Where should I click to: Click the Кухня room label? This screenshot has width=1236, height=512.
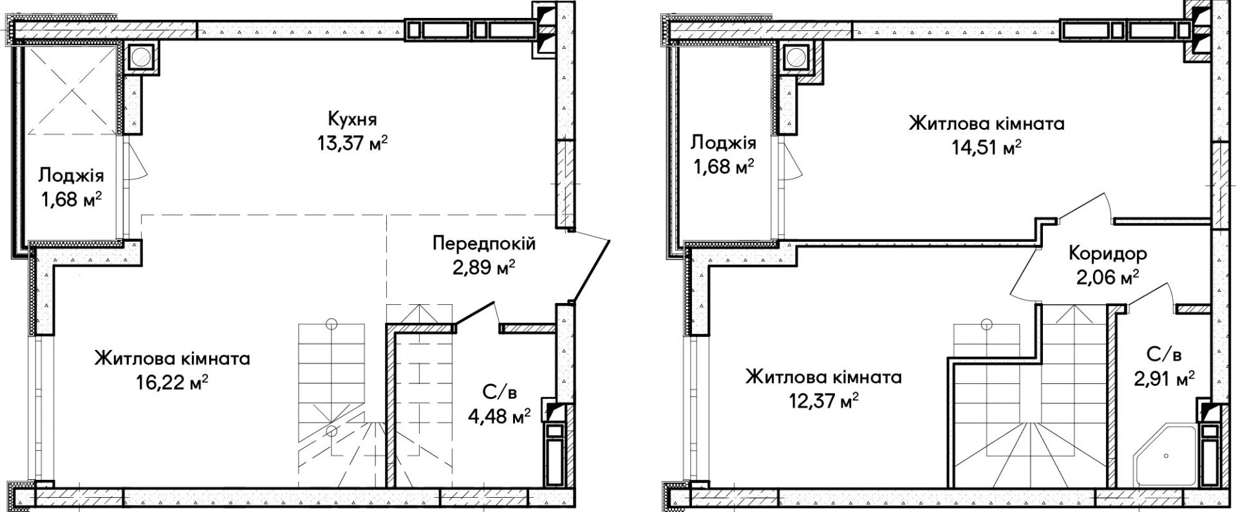[352, 120]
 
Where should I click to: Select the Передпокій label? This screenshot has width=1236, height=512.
[484, 244]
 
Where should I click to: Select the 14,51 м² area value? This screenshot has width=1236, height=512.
[986, 147]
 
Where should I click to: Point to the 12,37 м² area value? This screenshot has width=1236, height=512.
[823, 401]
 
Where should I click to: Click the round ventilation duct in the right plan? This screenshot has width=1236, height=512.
[798, 57]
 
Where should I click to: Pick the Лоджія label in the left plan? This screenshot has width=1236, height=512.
[71, 175]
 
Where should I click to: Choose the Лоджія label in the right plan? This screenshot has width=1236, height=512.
[723, 143]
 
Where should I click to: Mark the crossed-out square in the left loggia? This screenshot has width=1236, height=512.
[70, 90]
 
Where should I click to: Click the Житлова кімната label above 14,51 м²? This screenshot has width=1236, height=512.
[986, 123]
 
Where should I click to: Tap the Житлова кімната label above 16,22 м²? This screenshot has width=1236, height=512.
[172, 358]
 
